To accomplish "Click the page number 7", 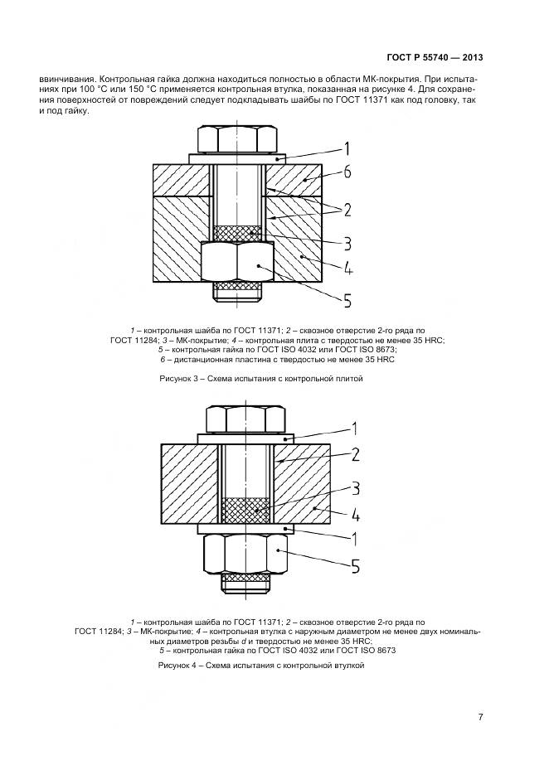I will pos(480,717).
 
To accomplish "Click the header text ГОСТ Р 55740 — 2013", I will pos(435,58).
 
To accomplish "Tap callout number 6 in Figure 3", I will pos(347,173).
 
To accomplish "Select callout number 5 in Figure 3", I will pos(347,299).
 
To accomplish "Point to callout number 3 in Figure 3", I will pos(347,243).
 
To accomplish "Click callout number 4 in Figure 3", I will pos(347,269).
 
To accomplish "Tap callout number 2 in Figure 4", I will pos(354,453).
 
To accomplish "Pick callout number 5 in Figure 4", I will pos(352,567).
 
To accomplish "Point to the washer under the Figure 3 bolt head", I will pos(237,157).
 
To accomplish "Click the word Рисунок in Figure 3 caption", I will pos(177,379).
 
